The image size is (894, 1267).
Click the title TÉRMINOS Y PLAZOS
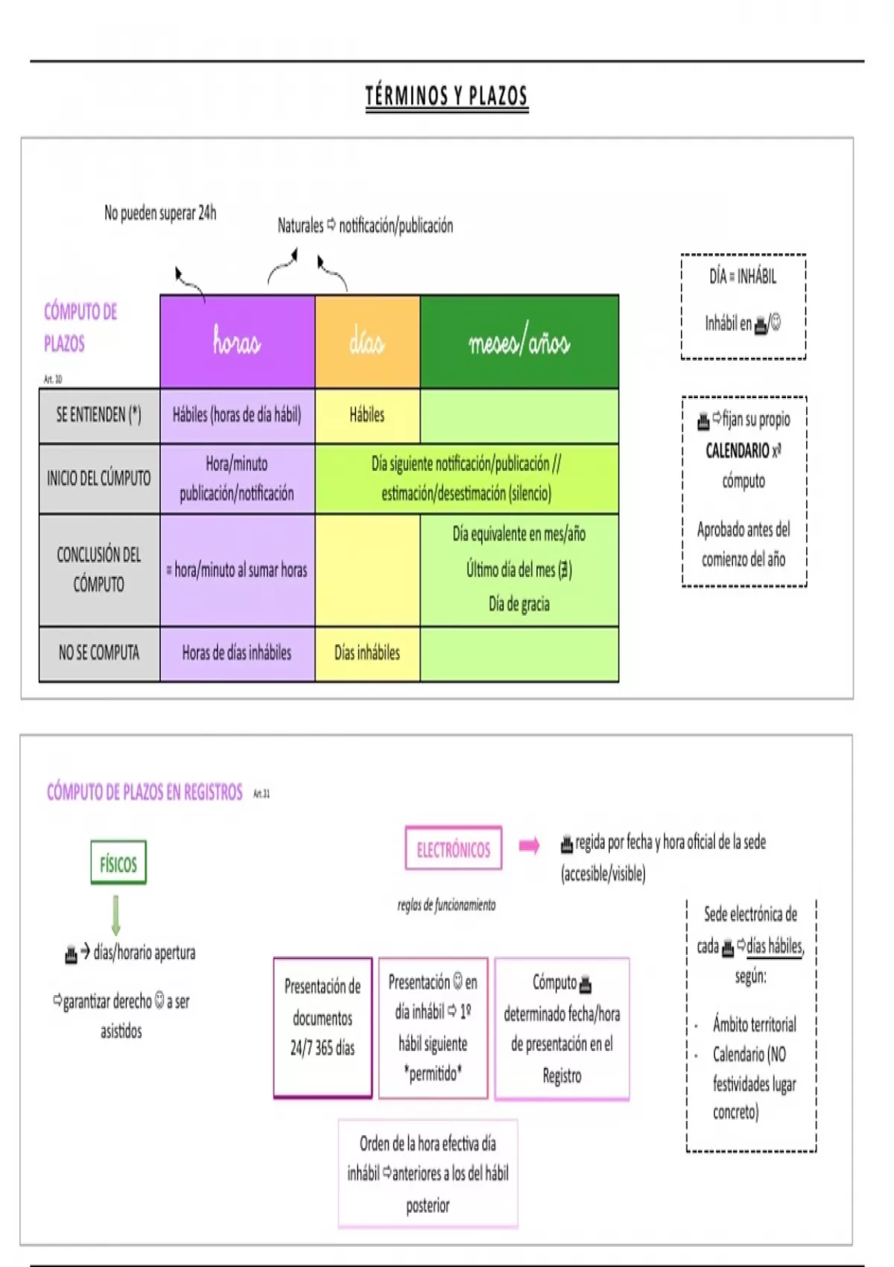pyautogui.click(x=446, y=96)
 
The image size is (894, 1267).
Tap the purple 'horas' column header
pyautogui.click(x=237, y=341)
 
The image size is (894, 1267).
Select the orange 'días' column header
pyautogui.click(x=367, y=341)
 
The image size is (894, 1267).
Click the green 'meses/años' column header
pyautogui.click(x=519, y=341)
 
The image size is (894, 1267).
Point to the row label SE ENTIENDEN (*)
pyautogui.click(x=99, y=415)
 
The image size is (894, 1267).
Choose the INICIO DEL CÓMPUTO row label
pyautogui.click(x=99, y=478)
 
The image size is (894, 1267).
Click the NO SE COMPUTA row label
pyautogui.click(x=99, y=654)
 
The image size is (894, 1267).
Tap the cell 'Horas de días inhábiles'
pyautogui.click(x=237, y=654)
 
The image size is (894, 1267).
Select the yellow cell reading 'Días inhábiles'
pyautogui.click(x=367, y=654)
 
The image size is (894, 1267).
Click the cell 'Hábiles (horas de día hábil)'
pyautogui.click(x=237, y=415)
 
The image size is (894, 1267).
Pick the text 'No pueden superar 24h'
pyautogui.click(x=160, y=213)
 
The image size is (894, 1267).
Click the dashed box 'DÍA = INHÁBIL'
pyautogui.click(x=743, y=306)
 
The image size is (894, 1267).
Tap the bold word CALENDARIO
pyautogui.click(x=738, y=451)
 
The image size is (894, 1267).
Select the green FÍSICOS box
pyautogui.click(x=118, y=863)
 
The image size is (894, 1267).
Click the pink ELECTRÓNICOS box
pyautogui.click(x=453, y=848)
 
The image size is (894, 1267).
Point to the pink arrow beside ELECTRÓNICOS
pyautogui.click(x=529, y=845)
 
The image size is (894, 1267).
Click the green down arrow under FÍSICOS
pyautogui.click(x=115, y=914)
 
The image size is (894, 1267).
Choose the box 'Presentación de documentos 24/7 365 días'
pyautogui.click(x=323, y=1027)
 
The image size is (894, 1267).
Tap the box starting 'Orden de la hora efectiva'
pyautogui.click(x=428, y=1173)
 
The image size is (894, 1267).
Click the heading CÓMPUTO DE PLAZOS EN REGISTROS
pyautogui.click(x=145, y=792)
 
